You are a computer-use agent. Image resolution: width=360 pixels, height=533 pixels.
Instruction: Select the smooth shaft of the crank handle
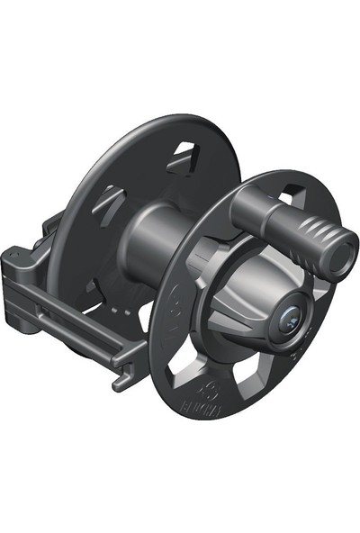[257, 211]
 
